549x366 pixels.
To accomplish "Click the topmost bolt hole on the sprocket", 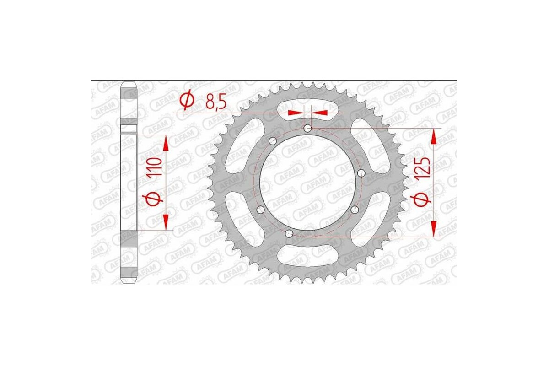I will [307, 128].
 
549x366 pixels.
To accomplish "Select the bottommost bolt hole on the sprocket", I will [289, 234].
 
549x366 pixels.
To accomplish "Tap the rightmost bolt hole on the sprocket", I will [361, 172].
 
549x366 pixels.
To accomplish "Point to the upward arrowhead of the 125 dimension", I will [434, 136].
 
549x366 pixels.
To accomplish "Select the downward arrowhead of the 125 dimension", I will [434, 229].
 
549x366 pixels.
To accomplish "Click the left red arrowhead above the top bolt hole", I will [295, 112].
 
